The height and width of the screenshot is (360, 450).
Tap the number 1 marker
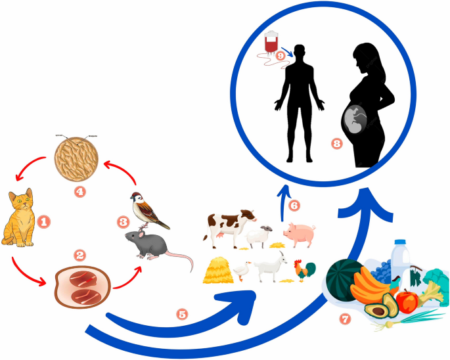44,222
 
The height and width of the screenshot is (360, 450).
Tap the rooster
305,269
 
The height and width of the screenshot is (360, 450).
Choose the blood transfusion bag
270,43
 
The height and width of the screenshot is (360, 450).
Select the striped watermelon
346,279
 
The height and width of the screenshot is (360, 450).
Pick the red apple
408,302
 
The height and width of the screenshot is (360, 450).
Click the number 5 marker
183,313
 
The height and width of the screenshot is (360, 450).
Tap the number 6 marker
294,206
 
